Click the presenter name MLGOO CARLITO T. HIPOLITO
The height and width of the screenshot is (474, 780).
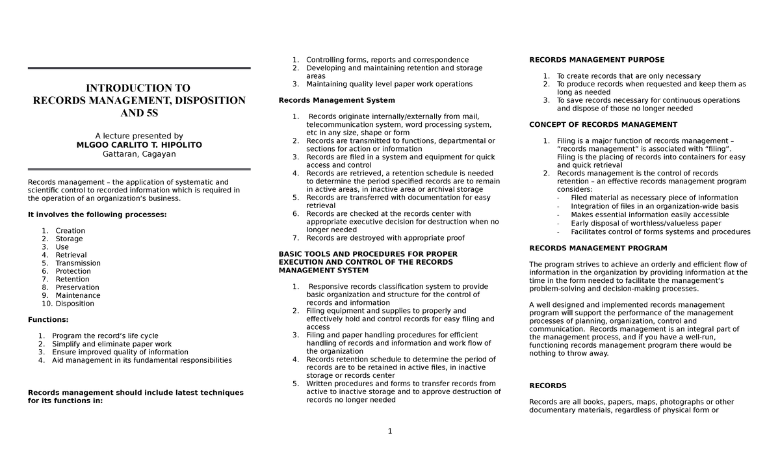point(139,145)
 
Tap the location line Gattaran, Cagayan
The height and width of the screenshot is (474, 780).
point(139,154)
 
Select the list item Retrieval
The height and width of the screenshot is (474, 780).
point(71,256)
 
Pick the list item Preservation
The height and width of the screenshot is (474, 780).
point(77,287)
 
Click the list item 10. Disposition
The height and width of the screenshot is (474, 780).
point(68,304)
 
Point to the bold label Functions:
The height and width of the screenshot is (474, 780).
point(48,320)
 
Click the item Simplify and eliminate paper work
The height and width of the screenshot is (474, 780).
point(112,344)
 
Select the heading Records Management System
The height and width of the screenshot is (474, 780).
point(336,100)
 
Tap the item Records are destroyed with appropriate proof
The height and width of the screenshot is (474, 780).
point(385,238)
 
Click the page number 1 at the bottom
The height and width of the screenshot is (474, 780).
point(390,431)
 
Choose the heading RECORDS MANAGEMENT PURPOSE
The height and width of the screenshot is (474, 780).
point(597,60)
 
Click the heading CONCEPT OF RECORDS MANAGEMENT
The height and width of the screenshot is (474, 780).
point(603,125)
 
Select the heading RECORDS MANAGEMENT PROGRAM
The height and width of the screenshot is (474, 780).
point(598,248)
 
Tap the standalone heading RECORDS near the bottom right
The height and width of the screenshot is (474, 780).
point(548,386)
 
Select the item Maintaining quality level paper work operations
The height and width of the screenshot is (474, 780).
point(389,84)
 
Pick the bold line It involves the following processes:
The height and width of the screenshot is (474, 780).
point(97,215)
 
